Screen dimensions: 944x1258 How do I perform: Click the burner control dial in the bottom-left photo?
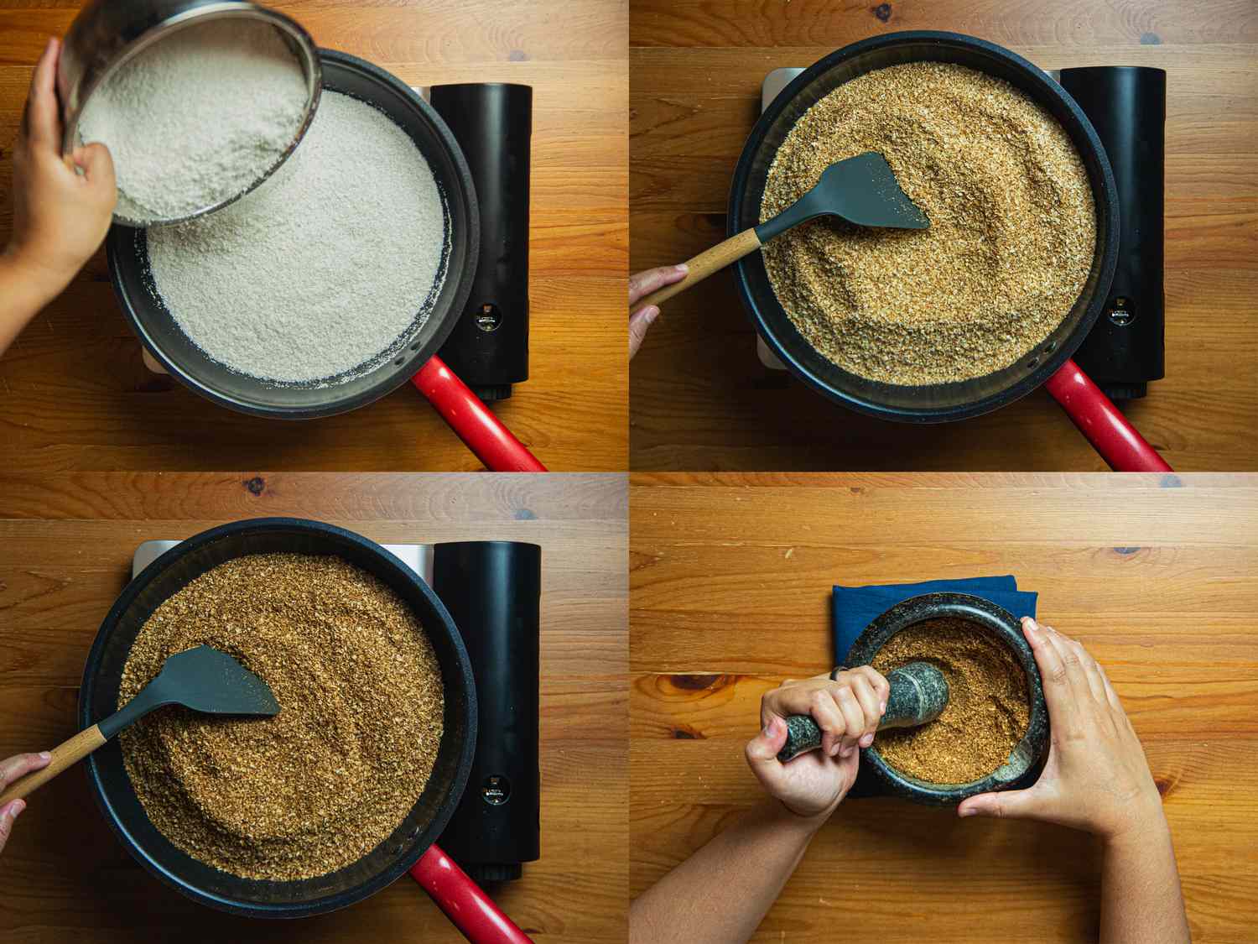(x=495, y=791)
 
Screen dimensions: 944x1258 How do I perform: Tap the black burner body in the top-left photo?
(x=486, y=193)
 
